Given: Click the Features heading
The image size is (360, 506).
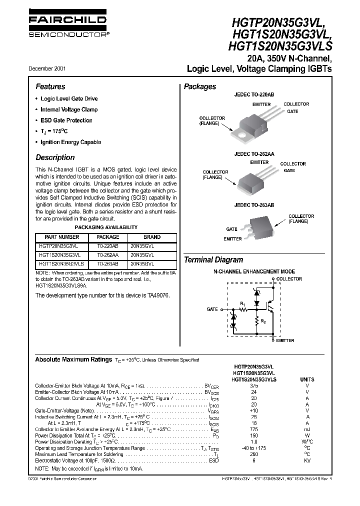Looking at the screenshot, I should point(50,86).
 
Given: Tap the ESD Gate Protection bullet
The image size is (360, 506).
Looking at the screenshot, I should point(66,120).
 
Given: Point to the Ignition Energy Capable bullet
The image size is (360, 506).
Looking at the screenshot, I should point(70,142).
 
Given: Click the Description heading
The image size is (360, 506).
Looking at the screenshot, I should point(55,157).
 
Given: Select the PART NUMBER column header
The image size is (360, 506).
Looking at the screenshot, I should point(62,237).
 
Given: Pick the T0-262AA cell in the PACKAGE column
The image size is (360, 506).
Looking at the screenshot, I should point(107,254).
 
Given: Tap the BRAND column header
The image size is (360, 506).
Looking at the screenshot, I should point(152,237).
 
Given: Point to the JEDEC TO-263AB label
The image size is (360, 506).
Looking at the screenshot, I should point(254,205).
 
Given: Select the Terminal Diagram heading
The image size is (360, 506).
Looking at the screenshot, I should point(213,260).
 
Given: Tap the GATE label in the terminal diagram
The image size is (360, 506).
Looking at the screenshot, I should point(212,309).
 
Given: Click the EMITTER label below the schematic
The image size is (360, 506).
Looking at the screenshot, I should point(285,340).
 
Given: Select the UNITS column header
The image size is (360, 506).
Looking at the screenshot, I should point(307,380).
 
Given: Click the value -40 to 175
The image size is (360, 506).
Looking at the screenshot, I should point(254,448).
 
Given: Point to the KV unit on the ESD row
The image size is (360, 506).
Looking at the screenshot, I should point(307,460).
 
